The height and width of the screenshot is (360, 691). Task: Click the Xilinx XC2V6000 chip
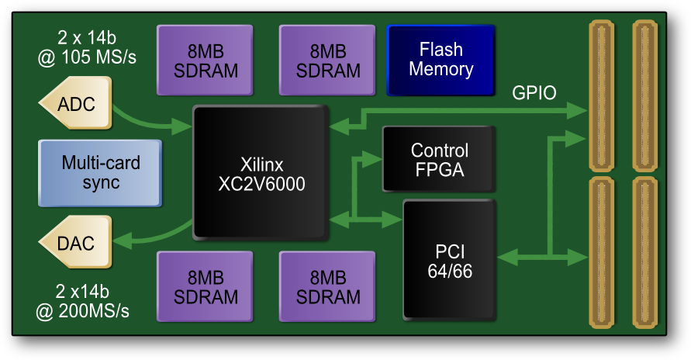pos(261,174)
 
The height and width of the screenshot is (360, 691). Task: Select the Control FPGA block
pos(439,159)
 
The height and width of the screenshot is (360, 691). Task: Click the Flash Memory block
pos(441,60)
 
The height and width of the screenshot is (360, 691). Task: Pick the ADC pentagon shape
pos(75,103)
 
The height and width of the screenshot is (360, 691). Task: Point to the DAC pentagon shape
pos(75,244)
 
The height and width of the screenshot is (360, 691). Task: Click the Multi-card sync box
pos(101,172)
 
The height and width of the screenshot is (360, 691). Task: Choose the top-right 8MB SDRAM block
pos(329,60)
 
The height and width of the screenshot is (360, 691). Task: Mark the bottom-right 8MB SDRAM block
pos(329,287)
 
